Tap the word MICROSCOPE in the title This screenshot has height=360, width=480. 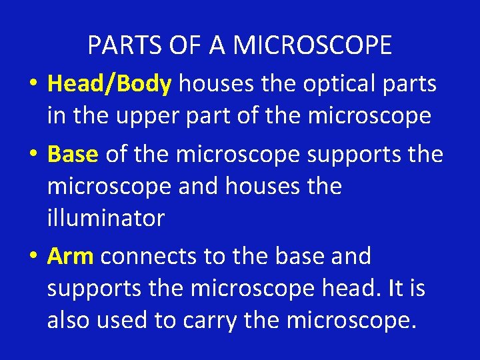click(x=313, y=45)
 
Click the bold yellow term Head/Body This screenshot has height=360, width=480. click(x=110, y=85)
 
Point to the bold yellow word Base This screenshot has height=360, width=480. click(x=73, y=154)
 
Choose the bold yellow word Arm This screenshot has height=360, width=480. click(x=71, y=256)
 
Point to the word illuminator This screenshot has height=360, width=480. click(x=105, y=218)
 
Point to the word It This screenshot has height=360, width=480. click(x=395, y=288)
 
